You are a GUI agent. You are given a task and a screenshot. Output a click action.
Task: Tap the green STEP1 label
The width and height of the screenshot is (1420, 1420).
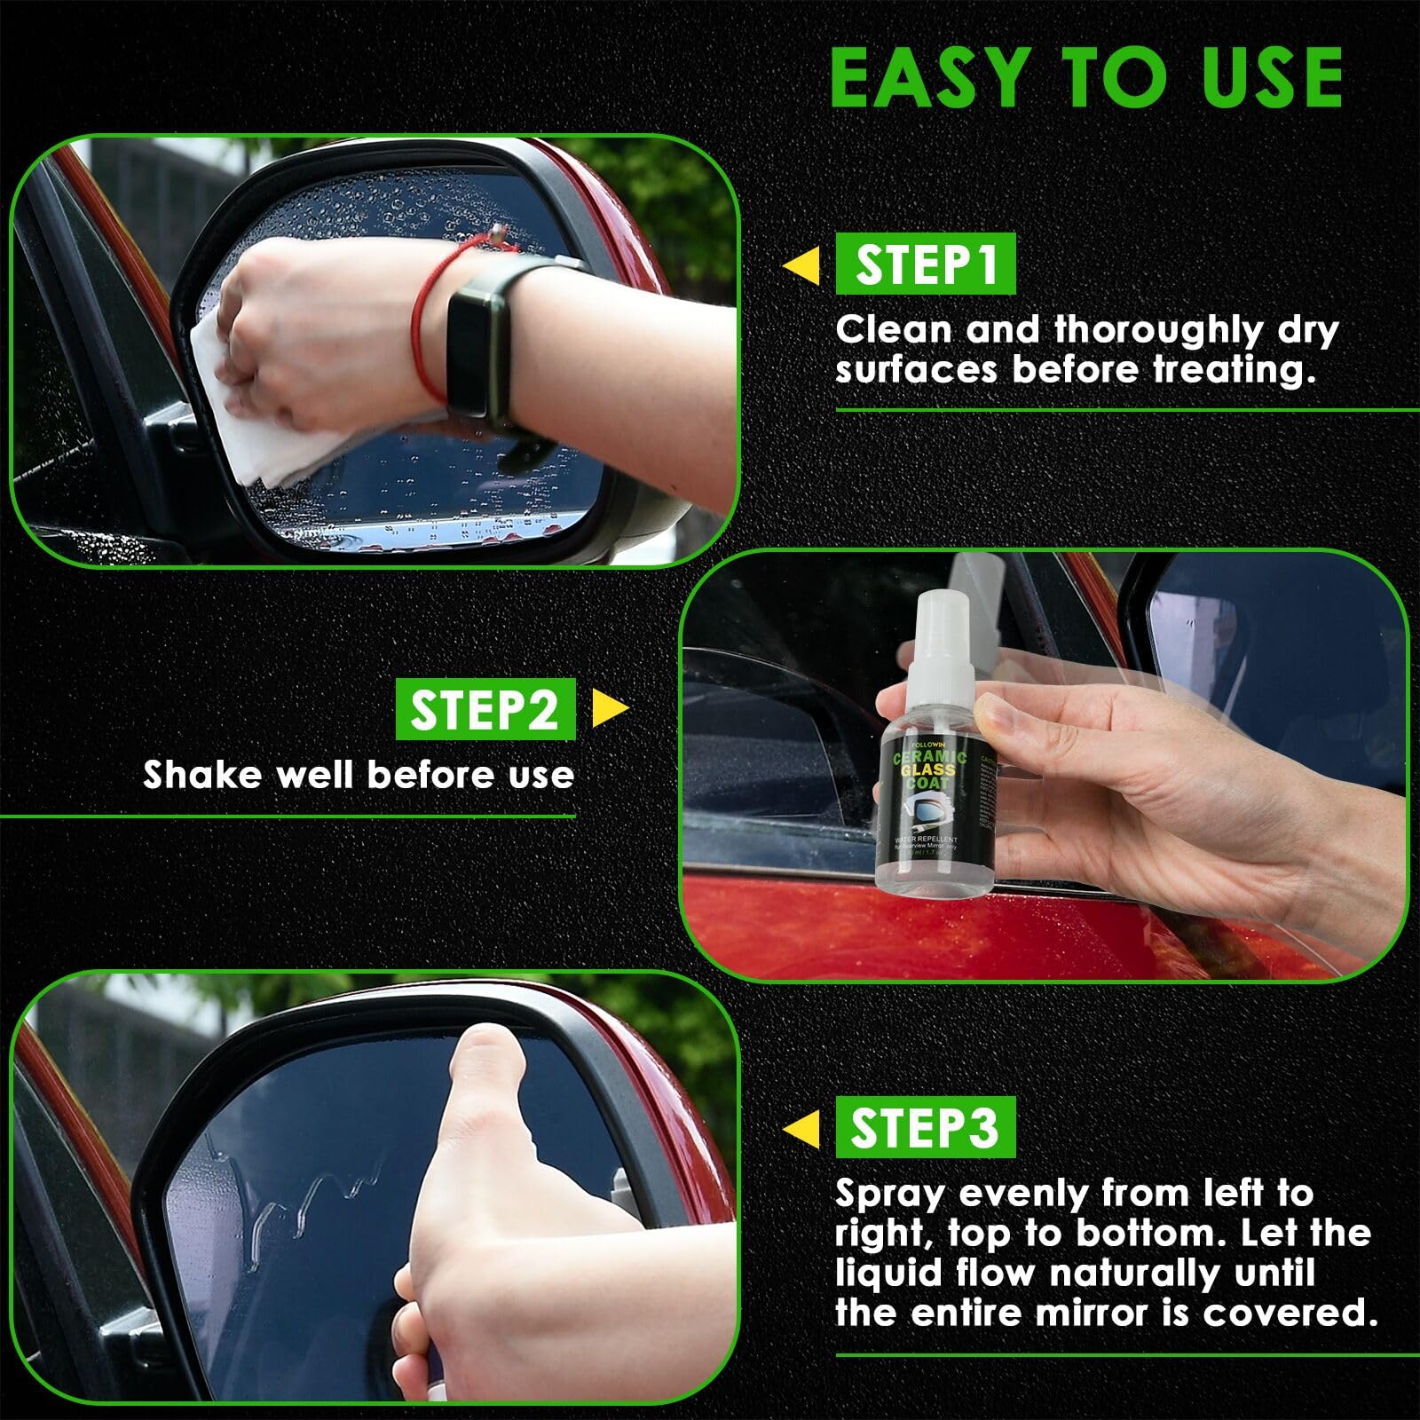click(x=925, y=264)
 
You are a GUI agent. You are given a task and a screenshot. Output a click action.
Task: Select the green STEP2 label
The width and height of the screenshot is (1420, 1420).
click(x=485, y=710)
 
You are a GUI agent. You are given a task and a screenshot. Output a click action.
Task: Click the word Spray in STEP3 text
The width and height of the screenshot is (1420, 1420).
click(x=889, y=1195)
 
